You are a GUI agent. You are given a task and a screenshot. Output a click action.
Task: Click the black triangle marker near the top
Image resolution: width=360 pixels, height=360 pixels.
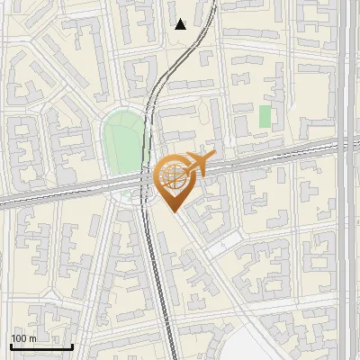pos(181,24)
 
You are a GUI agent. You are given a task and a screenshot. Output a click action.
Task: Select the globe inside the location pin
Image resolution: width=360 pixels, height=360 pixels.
pos(171,175)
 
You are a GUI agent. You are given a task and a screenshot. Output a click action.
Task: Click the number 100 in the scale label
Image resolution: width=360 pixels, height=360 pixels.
pos(20,338)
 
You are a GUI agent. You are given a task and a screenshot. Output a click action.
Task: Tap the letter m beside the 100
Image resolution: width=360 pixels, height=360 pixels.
pos(32,338)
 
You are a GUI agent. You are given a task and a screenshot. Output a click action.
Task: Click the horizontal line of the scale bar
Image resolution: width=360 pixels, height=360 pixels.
pos(41,346)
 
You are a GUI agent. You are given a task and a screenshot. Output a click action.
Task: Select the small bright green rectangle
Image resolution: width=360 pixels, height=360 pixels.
pos(265,116)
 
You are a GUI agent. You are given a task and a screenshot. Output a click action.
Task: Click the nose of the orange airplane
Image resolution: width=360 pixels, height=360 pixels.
pos(211,157)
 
